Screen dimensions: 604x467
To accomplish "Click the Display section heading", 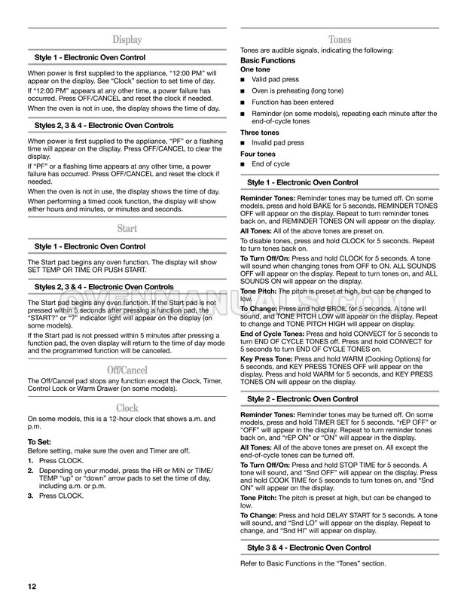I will tap(127, 40).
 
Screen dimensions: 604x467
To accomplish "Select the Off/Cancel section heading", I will tap(127, 370).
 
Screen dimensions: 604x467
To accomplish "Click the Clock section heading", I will tap(127, 407).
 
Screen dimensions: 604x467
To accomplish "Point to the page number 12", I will tap(31, 587).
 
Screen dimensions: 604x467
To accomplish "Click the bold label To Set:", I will tap(41, 442).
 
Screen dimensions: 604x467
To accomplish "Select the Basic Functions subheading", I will tap(267, 60).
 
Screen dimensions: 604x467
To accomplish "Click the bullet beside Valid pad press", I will tap(243, 79).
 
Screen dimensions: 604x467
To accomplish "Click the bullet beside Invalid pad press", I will tap(243, 142).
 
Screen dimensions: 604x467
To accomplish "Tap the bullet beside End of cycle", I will tap(243, 164).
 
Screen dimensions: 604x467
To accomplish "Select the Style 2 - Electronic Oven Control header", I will tap(303, 398).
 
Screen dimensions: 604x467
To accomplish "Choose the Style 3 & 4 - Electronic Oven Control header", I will tap(310, 548).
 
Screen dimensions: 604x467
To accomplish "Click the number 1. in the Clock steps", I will tap(30, 459).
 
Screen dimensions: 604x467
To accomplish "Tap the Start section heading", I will tap(127, 228).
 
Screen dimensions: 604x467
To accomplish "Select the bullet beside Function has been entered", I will tap(243, 102).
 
